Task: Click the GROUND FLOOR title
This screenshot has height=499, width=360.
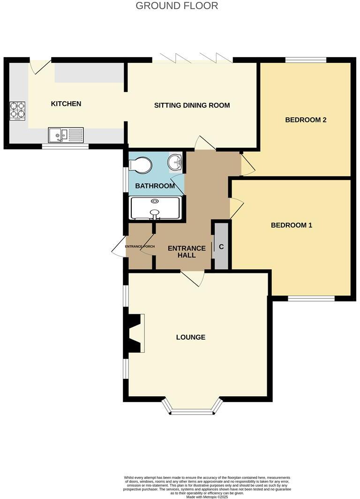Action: click(x=177, y=6)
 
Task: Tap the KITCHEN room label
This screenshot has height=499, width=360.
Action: click(x=66, y=104)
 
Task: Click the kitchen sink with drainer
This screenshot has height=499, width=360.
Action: click(x=66, y=135)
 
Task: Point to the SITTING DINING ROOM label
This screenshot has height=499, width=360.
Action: click(x=192, y=105)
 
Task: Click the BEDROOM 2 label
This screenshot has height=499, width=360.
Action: click(x=306, y=120)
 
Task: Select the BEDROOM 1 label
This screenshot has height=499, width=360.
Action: click(x=292, y=225)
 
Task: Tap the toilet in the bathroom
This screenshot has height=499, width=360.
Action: click(x=141, y=165)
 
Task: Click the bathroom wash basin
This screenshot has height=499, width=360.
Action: click(x=176, y=162)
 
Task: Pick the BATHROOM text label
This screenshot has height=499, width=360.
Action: click(x=155, y=186)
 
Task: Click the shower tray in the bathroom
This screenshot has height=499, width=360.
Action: click(x=155, y=208)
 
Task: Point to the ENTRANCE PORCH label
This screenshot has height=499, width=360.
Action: click(x=140, y=246)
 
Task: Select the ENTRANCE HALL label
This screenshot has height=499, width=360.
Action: click(x=187, y=252)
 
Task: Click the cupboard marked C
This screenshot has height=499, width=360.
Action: click(x=221, y=247)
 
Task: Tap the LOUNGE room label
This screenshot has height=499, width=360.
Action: click(x=191, y=337)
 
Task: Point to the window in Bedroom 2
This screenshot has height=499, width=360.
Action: click(x=306, y=60)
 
